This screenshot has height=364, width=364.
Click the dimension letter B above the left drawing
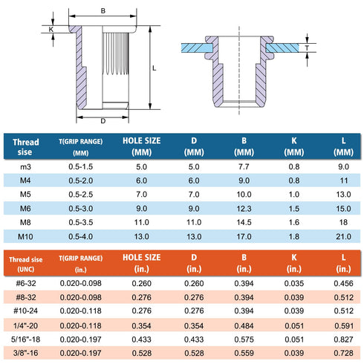click(x=103, y=11)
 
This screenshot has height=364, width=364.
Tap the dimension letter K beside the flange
click(x=51, y=30)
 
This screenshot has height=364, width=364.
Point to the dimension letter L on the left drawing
click(x=154, y=68)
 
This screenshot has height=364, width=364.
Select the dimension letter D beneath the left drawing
click(x=103, y=121)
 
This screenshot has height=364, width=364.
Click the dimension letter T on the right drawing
click(x=307, y=48)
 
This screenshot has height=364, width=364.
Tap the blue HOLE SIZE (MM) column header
click(x=142, y=146)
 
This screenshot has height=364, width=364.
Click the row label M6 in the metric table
click(x=25, y=209)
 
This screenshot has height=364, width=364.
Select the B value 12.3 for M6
click(x=244, y=209)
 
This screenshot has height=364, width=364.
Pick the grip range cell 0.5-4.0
click(x=81, y=236)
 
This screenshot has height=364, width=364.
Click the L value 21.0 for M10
click(x=343, y=236)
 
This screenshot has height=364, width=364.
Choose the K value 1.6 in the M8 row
click(x=294, y=222)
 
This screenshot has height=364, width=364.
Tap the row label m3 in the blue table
click(x=25, y=167)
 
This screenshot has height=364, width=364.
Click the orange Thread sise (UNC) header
click(x=26, y=264)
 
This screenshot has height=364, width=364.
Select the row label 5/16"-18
click(x=26, y=339)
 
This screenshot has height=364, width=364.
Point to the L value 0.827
click(x=343, y=339)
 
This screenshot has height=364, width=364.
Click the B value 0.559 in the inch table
click(x=244, y=353)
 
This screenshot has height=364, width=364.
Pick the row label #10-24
click(x=26, y=311)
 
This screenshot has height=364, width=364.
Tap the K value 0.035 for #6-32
click(x=294, y=283)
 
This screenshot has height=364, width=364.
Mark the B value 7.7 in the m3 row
click(x=244, y=167)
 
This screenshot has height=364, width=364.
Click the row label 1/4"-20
click(x=26, y=325)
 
